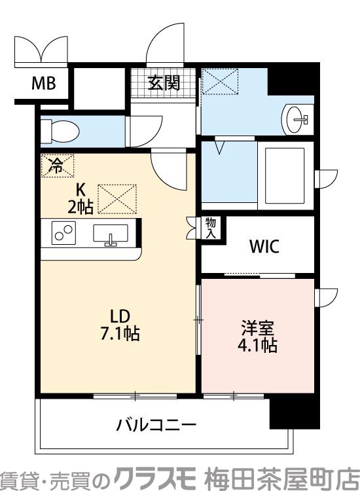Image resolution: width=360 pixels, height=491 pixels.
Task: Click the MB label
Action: point(44,83)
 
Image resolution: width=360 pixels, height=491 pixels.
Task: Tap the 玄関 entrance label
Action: point(164,83)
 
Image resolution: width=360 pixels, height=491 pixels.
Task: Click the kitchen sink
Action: point(111,234)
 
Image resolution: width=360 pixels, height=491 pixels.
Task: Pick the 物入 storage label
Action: point(211,228)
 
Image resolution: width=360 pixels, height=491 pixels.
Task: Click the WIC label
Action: point(264,247)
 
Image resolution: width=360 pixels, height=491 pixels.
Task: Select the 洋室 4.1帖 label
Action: point(259,336)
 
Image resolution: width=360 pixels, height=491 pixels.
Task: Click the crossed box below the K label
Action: point(117,199)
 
